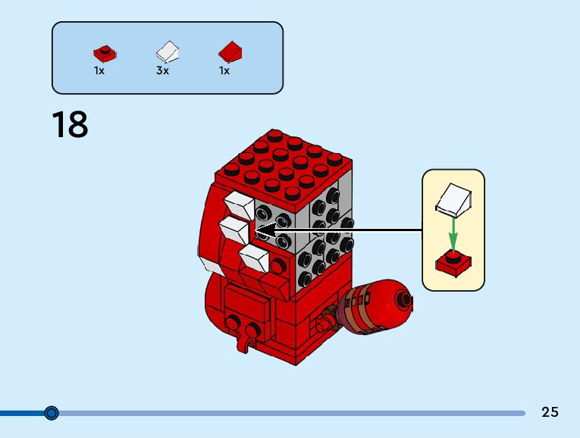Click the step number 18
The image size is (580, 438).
click(70, 125)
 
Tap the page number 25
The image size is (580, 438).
click(550, 412)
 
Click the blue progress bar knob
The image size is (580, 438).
click(52, 413)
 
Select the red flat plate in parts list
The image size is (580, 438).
click(105, 53)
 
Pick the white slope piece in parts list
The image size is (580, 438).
click(168, 52)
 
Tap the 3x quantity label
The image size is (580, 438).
click(161, 70)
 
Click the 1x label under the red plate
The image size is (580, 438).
click(99, 70)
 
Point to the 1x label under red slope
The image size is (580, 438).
click(224, 70)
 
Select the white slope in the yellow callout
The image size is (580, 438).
click(454, 199)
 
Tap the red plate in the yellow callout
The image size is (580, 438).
click(453, 264)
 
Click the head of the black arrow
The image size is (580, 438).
click(262, 230)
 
